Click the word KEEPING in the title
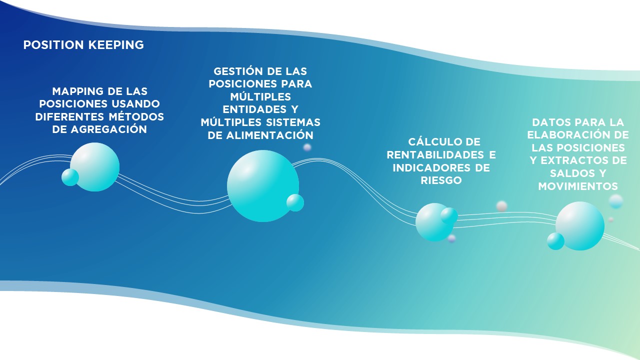(116, 45)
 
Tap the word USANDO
(135, 103)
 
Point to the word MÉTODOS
(136, 116)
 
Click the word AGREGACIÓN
(109, 129)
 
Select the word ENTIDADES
(254, 109)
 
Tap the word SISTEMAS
(293, 122)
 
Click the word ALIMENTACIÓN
(269, 135)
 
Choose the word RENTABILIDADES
(435, 155)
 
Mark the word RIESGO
(441, 180)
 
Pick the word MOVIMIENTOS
(578, 186)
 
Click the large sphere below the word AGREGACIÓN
(94, 167)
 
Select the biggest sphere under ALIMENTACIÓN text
(263, 186)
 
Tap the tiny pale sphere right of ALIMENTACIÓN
(307, 147)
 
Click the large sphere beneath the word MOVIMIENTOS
(580, 226)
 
